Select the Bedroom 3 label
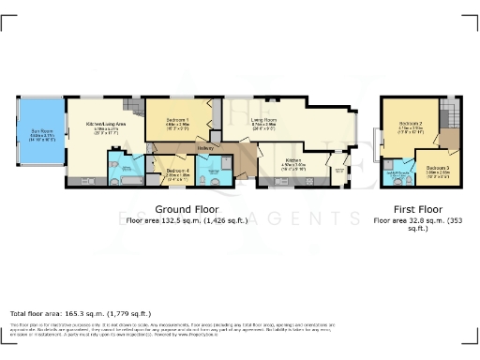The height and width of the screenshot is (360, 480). [439, 170]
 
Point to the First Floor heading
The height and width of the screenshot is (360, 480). [416, 208]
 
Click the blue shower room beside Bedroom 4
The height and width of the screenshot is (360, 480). [218, 169]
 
